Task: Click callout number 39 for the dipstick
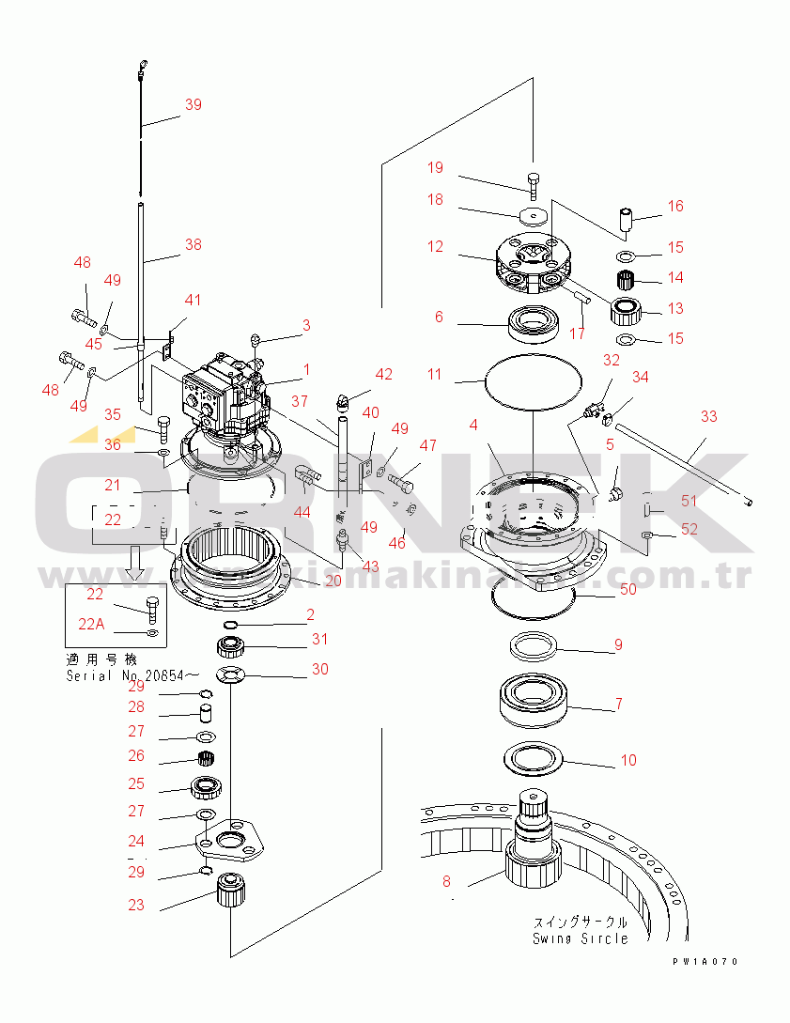tap(193, 105)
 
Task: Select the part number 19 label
tap(435, 168)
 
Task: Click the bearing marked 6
tap(534, 325)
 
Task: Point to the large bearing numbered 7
tap(533, 702)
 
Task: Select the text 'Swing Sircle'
tap(580, 938)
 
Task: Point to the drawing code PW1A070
tap(705, 962)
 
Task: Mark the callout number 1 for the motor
tap(305, 369)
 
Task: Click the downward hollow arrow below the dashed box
tap(135, 562)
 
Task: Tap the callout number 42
tap(384, 374)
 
